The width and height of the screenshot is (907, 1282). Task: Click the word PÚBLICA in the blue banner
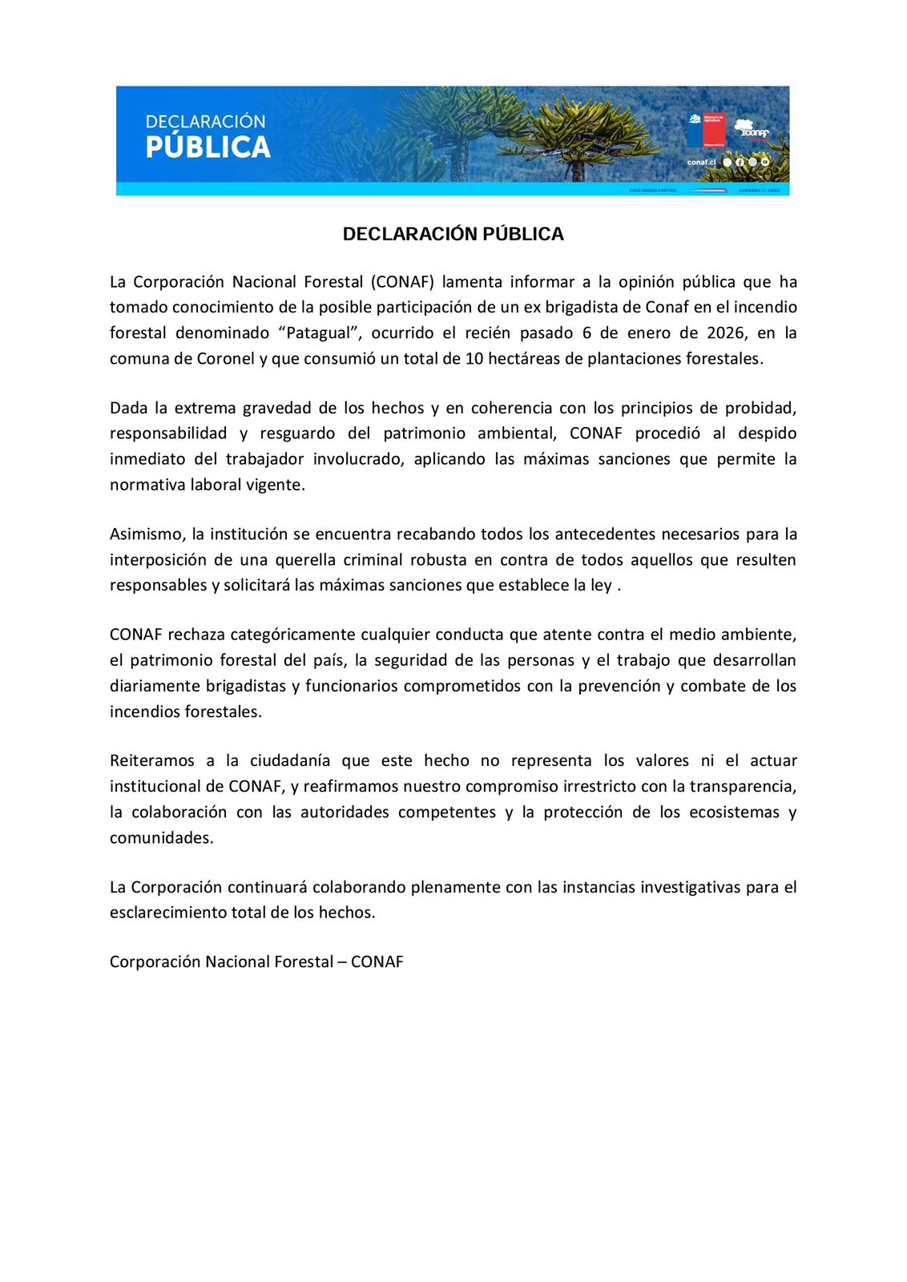[x=208, y=147]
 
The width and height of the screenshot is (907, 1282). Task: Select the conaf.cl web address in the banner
[x=701, y=162]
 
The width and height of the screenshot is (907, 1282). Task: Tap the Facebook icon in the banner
[x=740, y=162]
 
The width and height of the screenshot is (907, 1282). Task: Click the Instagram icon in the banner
[x=752, y=162]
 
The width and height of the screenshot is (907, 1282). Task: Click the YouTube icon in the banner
[x=765, y=162]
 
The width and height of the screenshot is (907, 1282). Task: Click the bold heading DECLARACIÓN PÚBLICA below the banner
[x=453, y=234]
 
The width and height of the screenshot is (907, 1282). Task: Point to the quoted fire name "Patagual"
[x=318, y=333]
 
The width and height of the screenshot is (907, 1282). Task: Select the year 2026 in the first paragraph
[x=725, y=333]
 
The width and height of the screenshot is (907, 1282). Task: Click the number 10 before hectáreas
[x=474, y=358]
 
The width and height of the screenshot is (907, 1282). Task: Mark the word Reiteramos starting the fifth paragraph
[x=151, y=760]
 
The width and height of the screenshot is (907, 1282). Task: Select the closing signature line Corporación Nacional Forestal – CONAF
[x=256, y=961]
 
